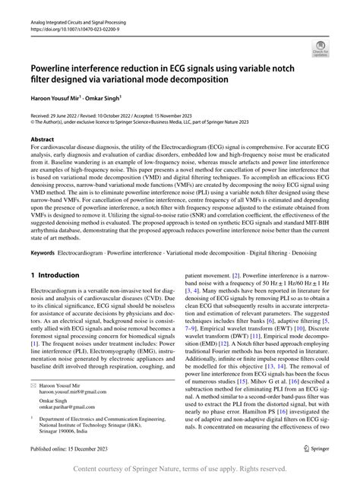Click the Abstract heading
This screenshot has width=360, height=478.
click(x=42, y=140)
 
